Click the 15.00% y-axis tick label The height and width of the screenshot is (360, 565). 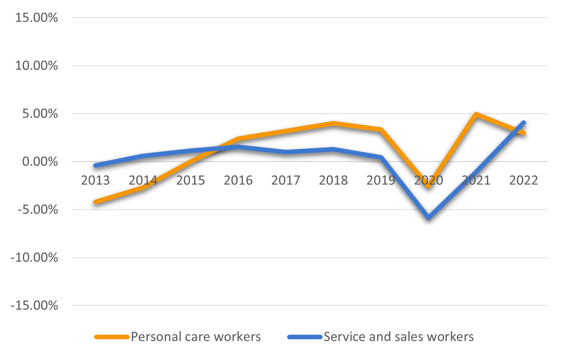pyautogui.click(x=36, y=18)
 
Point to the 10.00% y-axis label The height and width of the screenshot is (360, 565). pyautogui.click(x=36, y=66)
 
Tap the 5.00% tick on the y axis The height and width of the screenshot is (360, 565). pyautogui.click(x=40, y=114)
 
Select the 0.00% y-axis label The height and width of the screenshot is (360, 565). pyautogui.click(x=40, y=162)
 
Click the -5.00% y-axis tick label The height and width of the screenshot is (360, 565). pyautogui.click(x=38, y=210)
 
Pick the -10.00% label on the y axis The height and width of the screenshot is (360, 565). pyautogui.click(x=34, y=258)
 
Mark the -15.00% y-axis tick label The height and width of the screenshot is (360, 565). pyautogui.click(x=34, y=306)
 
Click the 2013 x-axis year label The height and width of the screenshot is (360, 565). pyautogui.click(x=95, y=180)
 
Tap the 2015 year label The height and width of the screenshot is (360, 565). pyautogui.click(x=190, y=180)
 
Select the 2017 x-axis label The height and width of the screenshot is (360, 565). pyautogui.click(x=286, y=180)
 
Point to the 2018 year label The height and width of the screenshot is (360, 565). pyautogui.click(x=333, y=180)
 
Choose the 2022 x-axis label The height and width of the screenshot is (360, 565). pyautogui.click(x=524, y=180)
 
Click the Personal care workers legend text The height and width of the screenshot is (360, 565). pyautogui.click(x=196, y=337)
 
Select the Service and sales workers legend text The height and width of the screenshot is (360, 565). pyautogui.click(x=398, y=337)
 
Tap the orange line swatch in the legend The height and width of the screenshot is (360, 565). pyautogui.click(x=112, y=337)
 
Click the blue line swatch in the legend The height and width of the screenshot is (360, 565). pyautogui.click(x=305, y=337)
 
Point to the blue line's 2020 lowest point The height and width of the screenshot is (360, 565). pyautogui.click(x=429, y=218)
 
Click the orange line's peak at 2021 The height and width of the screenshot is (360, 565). pyautogui.click(x=476, y=114)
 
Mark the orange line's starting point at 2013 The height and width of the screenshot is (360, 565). pyautogui.click(x=96, y=202)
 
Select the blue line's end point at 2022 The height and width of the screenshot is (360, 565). pyautogui.click(x=524, y=123)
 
